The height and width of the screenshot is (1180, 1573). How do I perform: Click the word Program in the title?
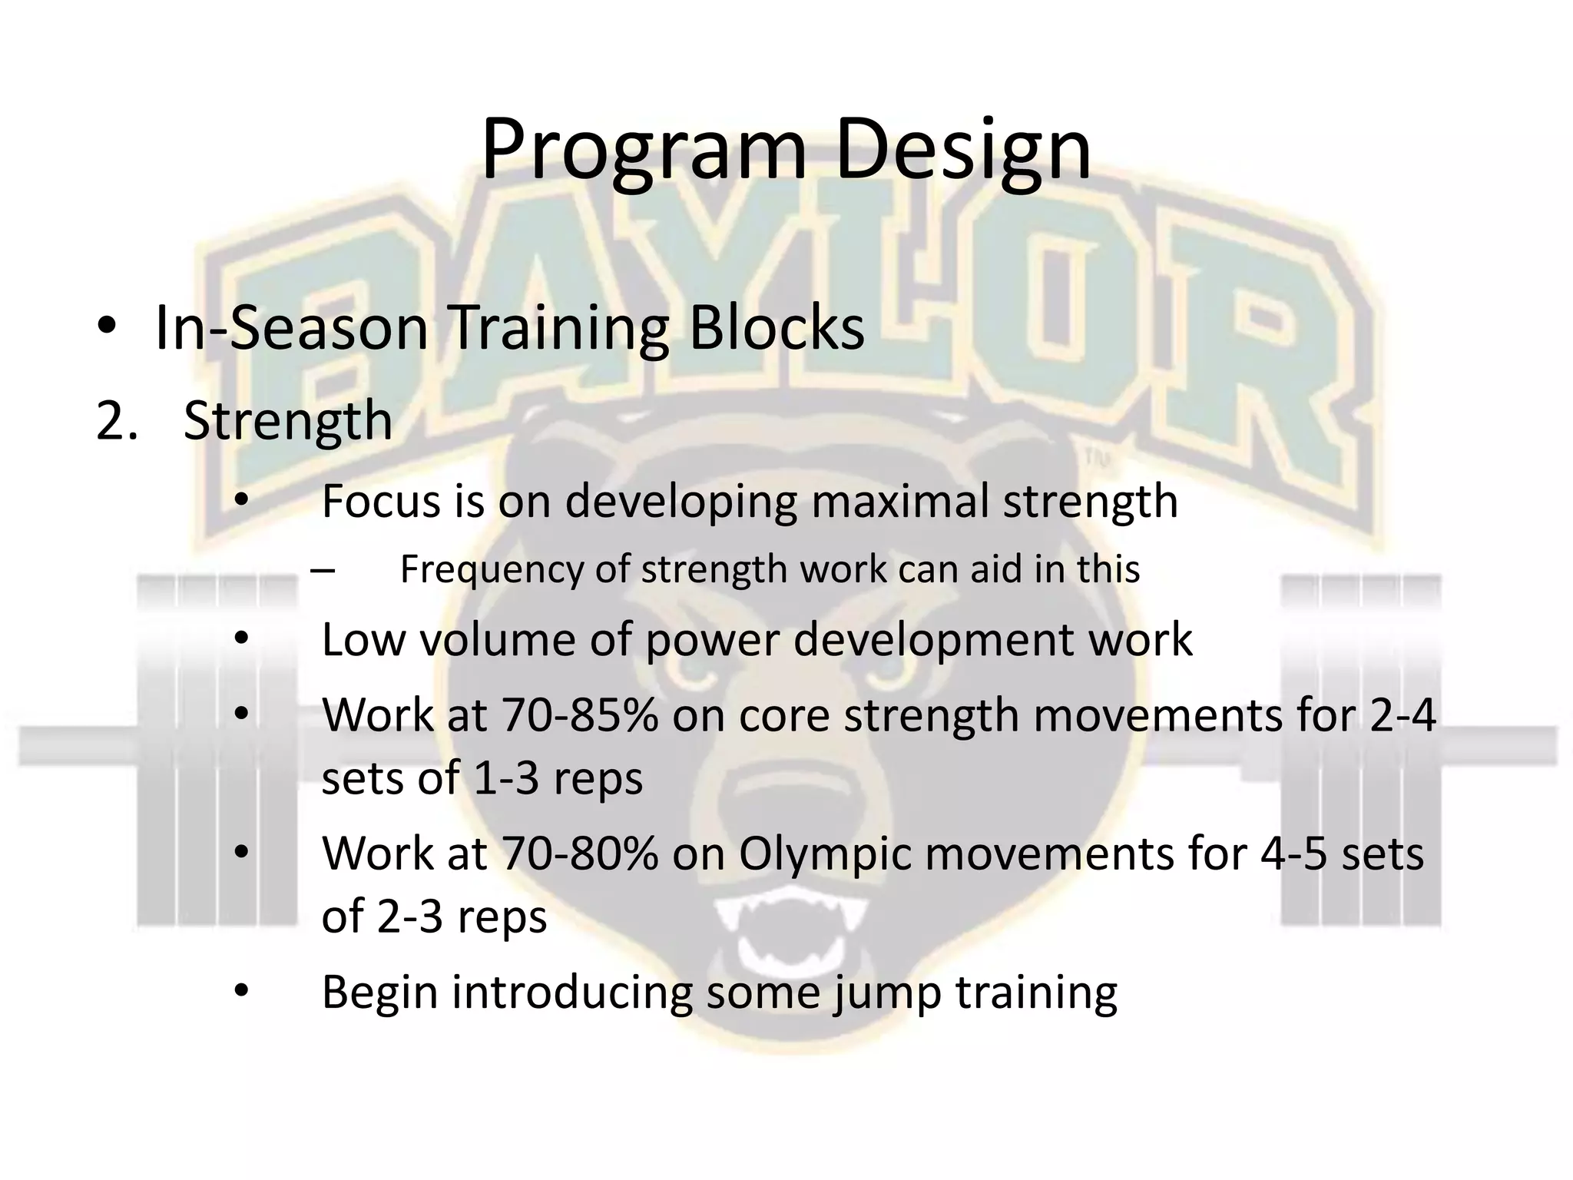pos(644,151)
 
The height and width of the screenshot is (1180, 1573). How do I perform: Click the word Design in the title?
pos(962,151)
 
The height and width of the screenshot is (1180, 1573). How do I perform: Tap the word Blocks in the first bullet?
pos(777,329)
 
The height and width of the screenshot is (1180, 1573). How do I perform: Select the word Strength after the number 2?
pos(288,422)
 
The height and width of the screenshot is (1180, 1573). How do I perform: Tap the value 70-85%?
pos(580,716)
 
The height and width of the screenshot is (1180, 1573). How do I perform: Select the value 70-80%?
pos(580,854)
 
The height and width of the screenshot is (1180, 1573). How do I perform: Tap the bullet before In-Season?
pos(107,329)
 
